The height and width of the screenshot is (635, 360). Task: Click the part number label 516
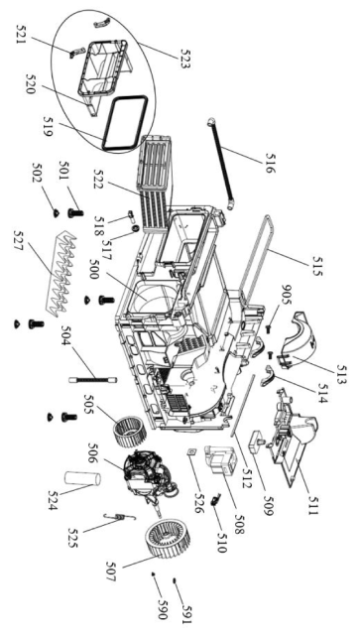270,163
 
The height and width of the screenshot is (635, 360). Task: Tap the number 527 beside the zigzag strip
20,240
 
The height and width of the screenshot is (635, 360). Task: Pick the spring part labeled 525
120,517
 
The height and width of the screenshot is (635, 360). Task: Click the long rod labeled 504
93,379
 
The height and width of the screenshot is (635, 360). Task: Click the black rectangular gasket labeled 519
124,123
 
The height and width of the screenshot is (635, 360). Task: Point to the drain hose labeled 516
221,164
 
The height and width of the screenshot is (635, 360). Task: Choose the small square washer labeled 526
190,451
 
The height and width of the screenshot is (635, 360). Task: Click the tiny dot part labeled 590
154,573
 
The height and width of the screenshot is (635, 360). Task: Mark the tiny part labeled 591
175,581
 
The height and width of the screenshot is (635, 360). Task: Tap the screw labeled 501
75,212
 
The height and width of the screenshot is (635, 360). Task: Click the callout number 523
184,60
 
